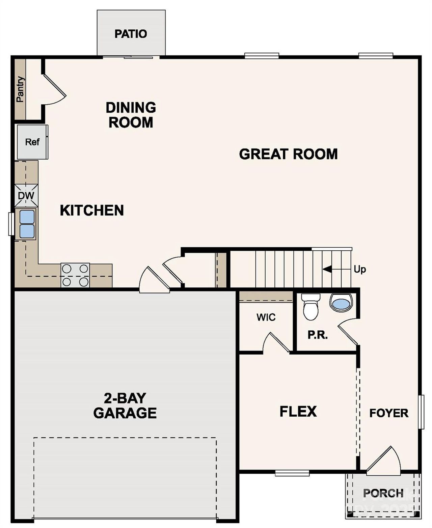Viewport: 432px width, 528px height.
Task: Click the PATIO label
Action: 131,34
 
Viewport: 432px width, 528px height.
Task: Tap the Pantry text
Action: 20,89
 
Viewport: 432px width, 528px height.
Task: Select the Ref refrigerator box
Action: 32,142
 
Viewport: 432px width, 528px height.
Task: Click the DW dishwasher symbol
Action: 26,196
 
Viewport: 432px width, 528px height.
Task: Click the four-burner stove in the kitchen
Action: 75,275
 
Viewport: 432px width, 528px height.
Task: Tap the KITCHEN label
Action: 92,210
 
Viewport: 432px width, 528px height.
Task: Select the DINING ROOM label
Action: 131,115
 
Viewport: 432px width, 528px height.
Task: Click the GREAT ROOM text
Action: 288,154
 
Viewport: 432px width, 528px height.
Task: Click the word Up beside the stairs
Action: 360,270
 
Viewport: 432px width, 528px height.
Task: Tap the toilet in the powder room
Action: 310,307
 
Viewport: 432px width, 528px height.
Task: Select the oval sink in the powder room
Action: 341,303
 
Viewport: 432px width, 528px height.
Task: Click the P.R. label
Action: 317,335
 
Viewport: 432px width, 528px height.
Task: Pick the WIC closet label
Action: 266,317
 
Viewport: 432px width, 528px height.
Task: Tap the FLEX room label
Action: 298,412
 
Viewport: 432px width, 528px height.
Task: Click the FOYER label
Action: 389,413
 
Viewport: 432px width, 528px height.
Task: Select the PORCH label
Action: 383,493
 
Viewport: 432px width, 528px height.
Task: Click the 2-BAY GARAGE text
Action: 125,406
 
